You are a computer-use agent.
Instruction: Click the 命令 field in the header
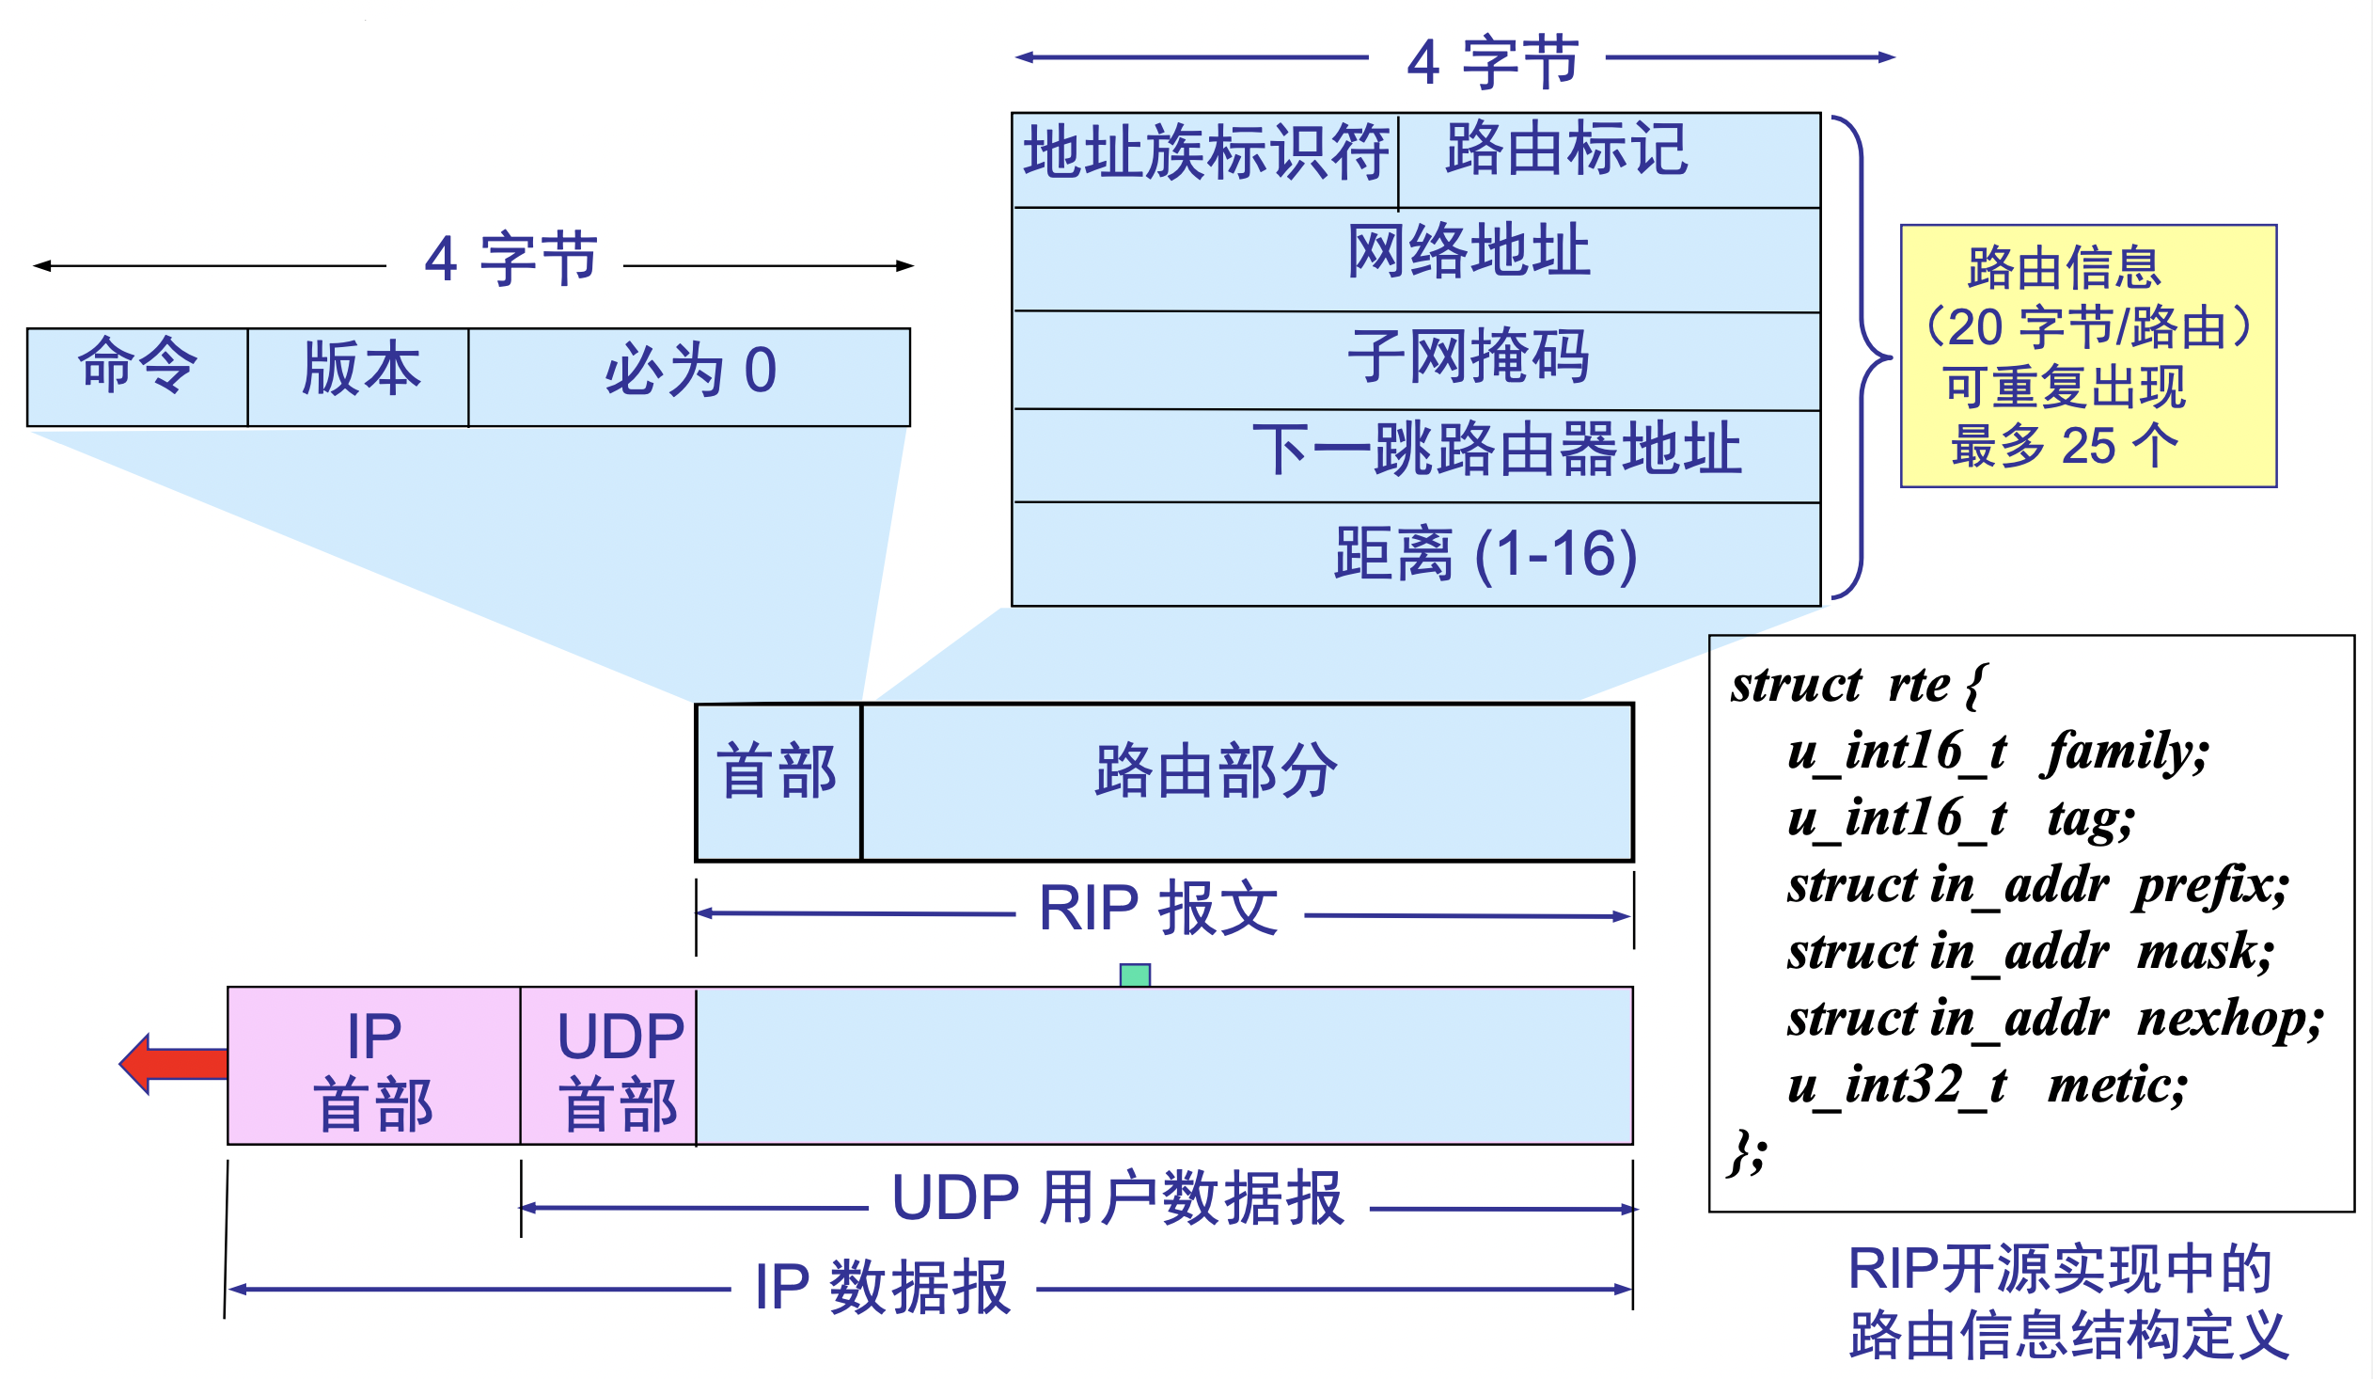[x=137, y=377]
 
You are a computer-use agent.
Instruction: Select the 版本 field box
[x=358, y=377]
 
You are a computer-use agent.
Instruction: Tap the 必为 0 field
[x=689, y=377]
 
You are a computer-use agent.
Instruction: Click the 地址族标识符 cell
[x=1205, y=158]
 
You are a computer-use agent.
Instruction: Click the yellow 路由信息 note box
[x=2089, y=357]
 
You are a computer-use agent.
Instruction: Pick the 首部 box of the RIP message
[x=778, y=782]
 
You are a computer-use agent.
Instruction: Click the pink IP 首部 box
[x=374, y=1066]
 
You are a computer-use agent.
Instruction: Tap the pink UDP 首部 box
[x=608, y=1066]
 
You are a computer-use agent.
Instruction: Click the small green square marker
[x=1135, y=975]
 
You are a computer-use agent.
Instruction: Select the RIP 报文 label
[x=1158, y=910]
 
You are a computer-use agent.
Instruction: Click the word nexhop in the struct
[x=2229, y=1019]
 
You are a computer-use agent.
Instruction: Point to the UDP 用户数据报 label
[x=1118, y=1199]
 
